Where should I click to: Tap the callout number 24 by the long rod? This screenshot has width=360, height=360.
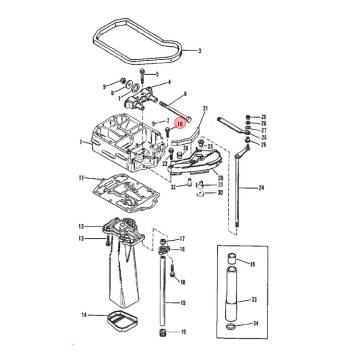[261, 188]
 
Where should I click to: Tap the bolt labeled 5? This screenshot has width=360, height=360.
[142, 74]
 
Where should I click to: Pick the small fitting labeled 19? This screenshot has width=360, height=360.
[162, 332]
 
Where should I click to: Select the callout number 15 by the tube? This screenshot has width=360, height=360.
[182, 302]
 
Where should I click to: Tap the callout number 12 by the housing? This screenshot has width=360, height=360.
[81, 226]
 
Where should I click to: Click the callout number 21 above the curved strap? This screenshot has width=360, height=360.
[205, 108]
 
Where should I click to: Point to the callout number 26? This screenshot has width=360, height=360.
[263, 144]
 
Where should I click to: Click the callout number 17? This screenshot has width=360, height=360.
[182, 238]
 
